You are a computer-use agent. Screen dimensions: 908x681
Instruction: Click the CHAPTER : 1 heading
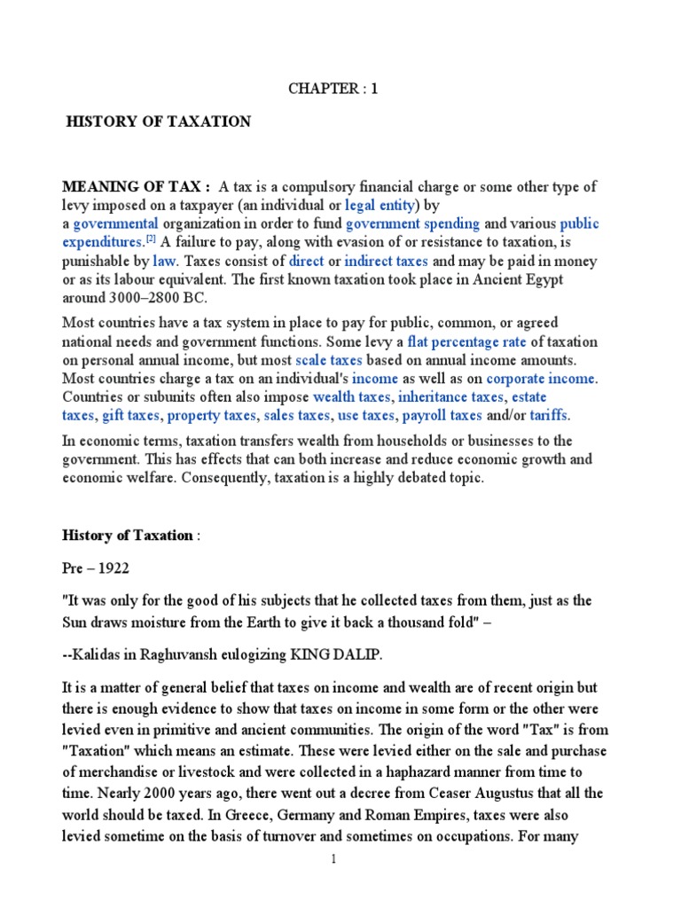pyautogui.click(x=327, y=89)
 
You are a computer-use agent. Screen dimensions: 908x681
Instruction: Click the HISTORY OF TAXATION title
pyautogui.click(x=160, y=121)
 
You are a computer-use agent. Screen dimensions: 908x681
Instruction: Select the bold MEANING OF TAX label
pyautogui.click(x=136, y=186)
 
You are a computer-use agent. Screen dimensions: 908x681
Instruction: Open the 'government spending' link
pyautogui.click(x=412, y=223)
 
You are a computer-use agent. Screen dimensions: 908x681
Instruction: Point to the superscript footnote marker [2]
pyautogui.click(x=152, y=240)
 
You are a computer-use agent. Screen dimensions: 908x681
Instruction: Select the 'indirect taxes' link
pyautogui.click(x=387, y=262)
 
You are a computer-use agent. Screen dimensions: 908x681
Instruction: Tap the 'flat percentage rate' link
pyautogui.click(x=466, y=341)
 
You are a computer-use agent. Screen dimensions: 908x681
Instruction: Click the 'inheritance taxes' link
pyautogui.click(x=450, y=396)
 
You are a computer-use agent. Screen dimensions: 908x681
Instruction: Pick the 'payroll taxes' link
pyautogui.click(x=442, y=415)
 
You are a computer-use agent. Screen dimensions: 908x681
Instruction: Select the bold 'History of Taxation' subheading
pyautogui.click(x=127, y=535)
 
